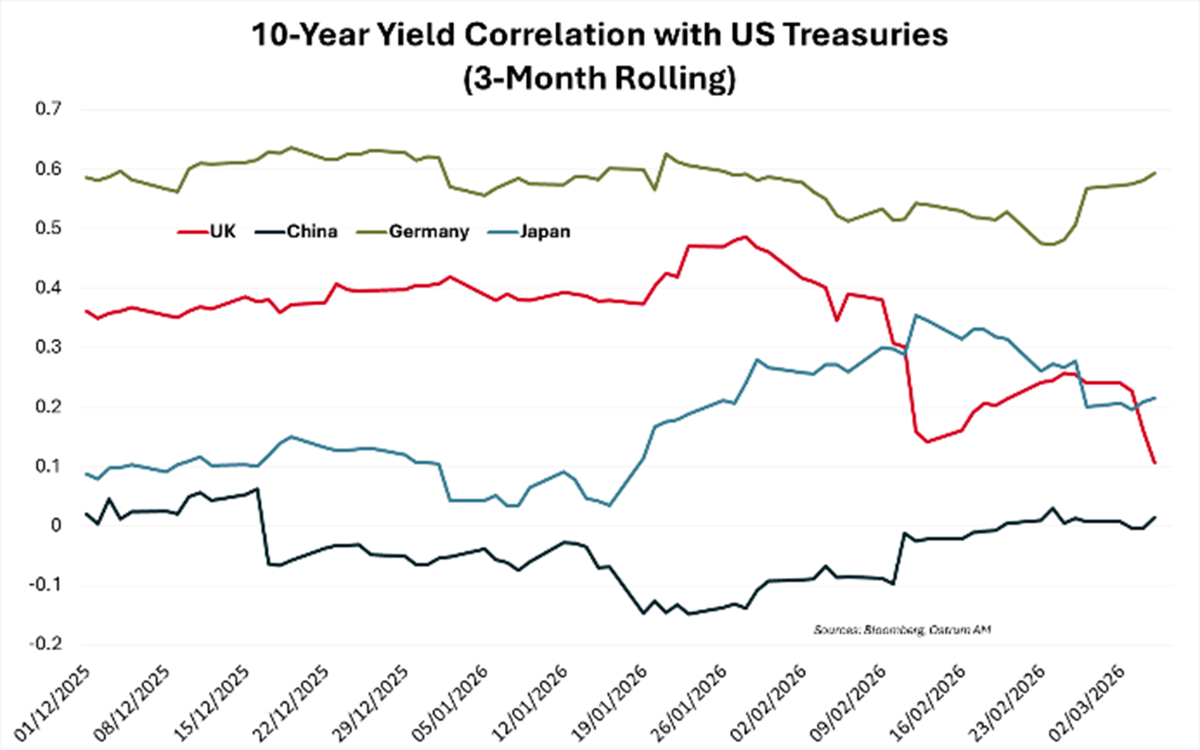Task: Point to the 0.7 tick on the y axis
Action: pos(49,109)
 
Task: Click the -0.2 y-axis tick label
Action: pos(46,644)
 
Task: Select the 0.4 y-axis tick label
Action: pos(49,288)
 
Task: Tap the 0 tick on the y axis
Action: pos(57,525)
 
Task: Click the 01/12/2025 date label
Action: pos(52,703)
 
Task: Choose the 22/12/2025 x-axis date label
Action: pos(291,703)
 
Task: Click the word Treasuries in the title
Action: pos(865,34)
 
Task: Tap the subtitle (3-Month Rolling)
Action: pos(599,78)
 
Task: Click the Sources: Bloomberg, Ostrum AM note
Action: pos(902,629)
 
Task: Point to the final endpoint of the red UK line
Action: pos(1155,463)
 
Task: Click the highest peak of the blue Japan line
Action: pos(915,316)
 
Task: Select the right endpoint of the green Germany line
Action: pos(1155,173)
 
